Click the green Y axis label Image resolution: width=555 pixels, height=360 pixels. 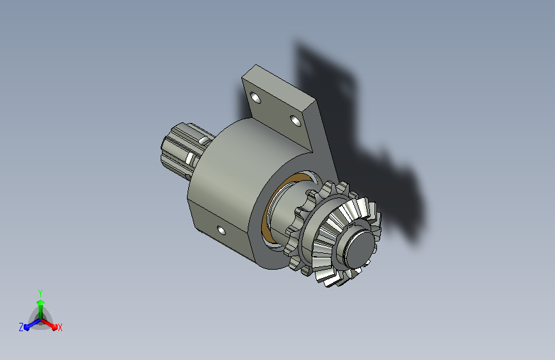pos(40,293)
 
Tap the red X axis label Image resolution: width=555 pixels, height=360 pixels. pos(60,327)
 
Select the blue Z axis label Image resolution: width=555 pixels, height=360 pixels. pos(21,327)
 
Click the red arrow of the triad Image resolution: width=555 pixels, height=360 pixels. pos(49,324)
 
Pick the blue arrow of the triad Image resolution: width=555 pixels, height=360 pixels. pos(33,324)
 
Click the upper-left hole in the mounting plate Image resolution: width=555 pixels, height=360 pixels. pos(255,97)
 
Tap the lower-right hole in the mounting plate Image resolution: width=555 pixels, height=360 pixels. pos(296,121)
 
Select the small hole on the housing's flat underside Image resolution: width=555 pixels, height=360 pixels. pos(221,231)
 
